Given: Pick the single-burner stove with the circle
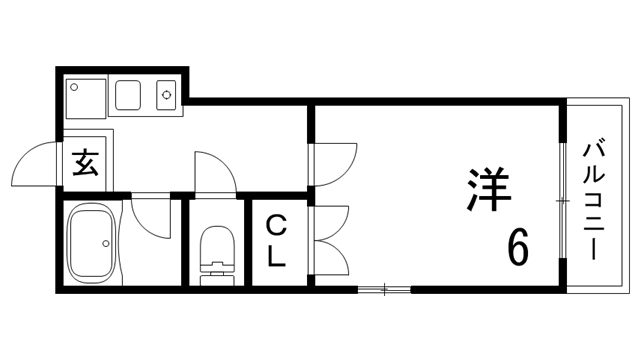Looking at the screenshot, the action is point(166,97).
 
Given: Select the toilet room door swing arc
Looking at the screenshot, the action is point(215,171).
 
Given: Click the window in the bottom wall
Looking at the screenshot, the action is point(384,290).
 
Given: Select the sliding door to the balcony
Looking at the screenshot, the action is point(564,200).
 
